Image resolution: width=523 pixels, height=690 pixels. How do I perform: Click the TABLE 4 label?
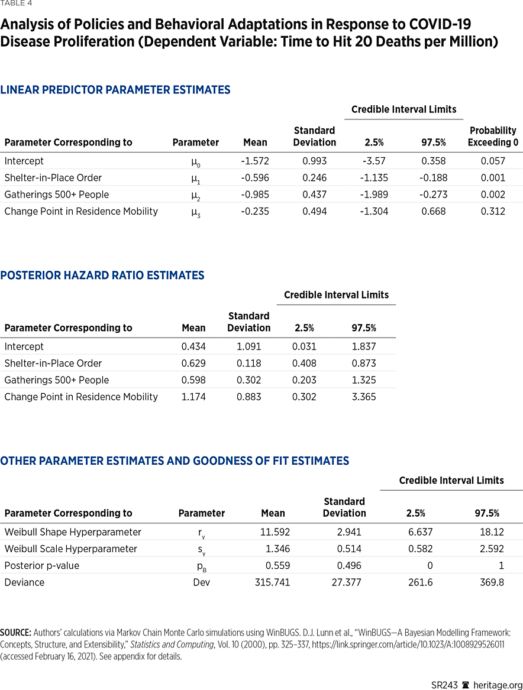coord(16,4)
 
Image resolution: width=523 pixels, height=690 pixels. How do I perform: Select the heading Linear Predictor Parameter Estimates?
coord(115,90)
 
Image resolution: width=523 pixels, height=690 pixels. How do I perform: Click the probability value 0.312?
coord(493,211)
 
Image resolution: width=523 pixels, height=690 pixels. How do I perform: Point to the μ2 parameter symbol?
coord(195,195)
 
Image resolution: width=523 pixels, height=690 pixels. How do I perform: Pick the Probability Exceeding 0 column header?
coord(493,136)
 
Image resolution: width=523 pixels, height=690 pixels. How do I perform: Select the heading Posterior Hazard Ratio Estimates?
coord(102,276)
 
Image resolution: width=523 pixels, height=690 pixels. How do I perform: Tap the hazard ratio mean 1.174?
coord(193,397)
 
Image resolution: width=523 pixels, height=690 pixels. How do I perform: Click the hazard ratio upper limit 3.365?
coord(363,397)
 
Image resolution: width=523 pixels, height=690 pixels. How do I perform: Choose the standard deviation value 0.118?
coord(248,363)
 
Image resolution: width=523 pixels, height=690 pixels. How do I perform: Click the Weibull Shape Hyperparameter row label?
coord(73,532)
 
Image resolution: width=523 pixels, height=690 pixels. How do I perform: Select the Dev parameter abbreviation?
coord(201,582)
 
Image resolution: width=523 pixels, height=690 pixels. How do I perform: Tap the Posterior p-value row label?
coord(41,566)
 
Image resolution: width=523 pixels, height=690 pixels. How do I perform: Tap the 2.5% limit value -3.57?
coord(375,161)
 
